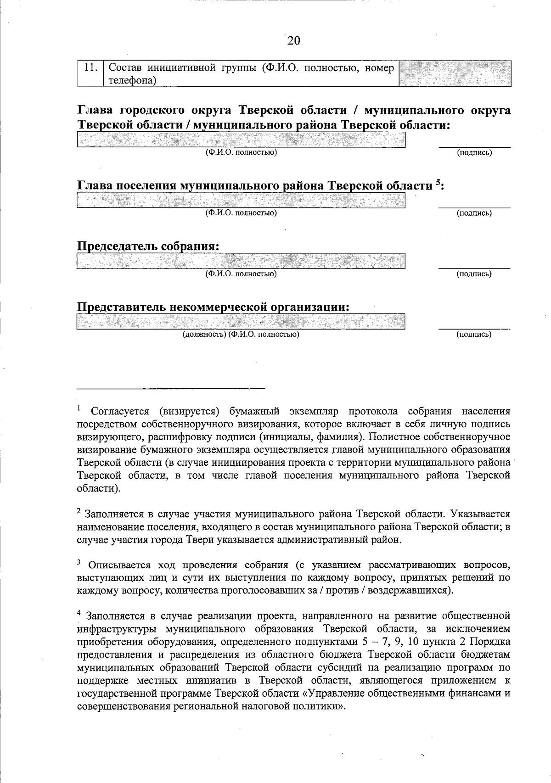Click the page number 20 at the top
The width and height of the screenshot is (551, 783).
point(293,41)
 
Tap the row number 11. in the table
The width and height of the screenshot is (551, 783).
point(90,68)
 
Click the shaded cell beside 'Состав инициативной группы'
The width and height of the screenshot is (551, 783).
point(455,73)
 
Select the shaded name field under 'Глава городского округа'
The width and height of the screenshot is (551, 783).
point(241,140)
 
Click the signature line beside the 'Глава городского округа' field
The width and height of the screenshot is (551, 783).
point(474,147)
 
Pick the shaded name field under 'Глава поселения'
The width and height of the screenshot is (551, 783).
point(241,200)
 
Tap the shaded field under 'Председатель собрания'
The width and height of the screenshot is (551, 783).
point(241,261)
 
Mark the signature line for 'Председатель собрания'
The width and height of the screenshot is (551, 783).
point(474,268)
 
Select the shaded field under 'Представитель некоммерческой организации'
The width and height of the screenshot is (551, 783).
point(241,322)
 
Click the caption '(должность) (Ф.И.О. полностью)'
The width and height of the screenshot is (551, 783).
point(241,335)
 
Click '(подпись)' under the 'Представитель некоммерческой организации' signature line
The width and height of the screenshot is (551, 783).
point(474,335)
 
